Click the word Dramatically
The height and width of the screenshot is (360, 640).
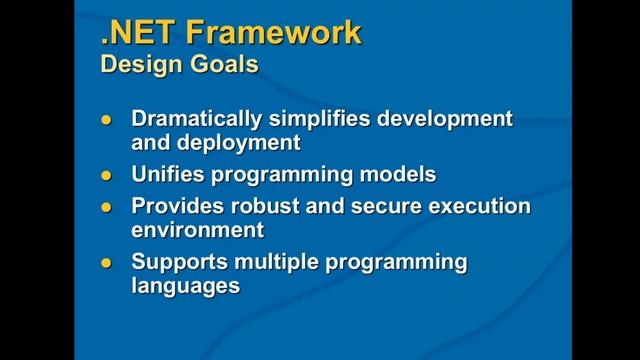tap(196, 119)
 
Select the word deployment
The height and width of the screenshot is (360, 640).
tap(240, 142)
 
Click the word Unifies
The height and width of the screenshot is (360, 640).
tap(168, 175)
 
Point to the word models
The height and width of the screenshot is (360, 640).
tap(397, 175)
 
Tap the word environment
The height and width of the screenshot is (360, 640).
tap(198, 230)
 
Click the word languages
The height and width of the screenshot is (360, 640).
tap(186, 286)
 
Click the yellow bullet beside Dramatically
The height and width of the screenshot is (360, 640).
tap(110, 120)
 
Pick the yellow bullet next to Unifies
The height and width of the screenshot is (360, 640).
tap(110, 176)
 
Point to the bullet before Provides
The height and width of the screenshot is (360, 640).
tap(110, 208)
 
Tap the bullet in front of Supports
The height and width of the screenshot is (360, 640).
tap(110, 263)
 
